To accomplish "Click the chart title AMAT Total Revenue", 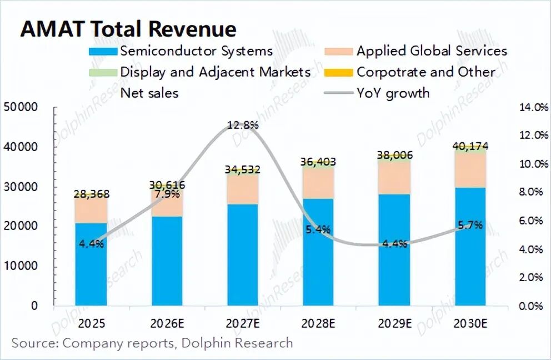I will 128,29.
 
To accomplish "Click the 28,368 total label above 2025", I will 91,194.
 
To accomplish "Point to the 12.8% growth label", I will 243,126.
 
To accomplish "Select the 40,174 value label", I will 469,147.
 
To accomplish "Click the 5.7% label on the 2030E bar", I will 469,225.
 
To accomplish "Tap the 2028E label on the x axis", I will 318,323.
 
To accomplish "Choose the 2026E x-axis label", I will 167,323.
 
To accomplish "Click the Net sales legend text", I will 149,92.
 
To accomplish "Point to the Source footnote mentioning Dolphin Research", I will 152,343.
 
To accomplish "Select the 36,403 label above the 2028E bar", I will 318,162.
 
